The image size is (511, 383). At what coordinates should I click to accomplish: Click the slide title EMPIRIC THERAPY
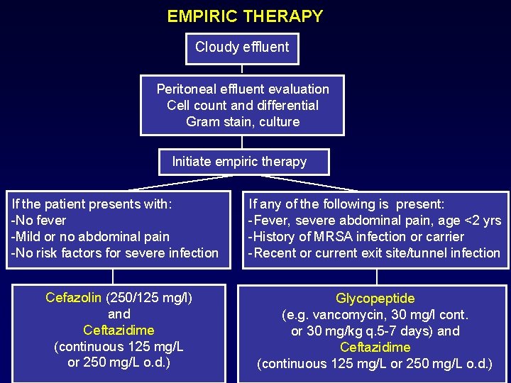[245, 16]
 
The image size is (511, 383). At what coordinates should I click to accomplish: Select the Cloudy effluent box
[242, 48]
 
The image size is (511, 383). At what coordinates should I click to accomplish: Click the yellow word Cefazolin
[73, 298]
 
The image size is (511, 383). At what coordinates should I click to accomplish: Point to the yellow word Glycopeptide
[375, 299]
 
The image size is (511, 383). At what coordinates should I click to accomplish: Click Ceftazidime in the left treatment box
[119, 331]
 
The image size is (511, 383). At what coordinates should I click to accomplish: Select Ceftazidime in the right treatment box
[375, 348]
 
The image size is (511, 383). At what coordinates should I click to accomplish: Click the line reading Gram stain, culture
[243, 122]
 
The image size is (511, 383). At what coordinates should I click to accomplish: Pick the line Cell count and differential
[243, 106]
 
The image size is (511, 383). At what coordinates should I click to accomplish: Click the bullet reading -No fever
[38, 221]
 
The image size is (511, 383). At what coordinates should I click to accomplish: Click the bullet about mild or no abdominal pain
[89, 237]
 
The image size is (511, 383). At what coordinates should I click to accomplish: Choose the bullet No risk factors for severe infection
[114, 253]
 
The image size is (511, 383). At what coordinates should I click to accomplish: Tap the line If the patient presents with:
[92, 204]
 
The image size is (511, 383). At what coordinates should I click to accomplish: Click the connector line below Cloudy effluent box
[242, 69]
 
